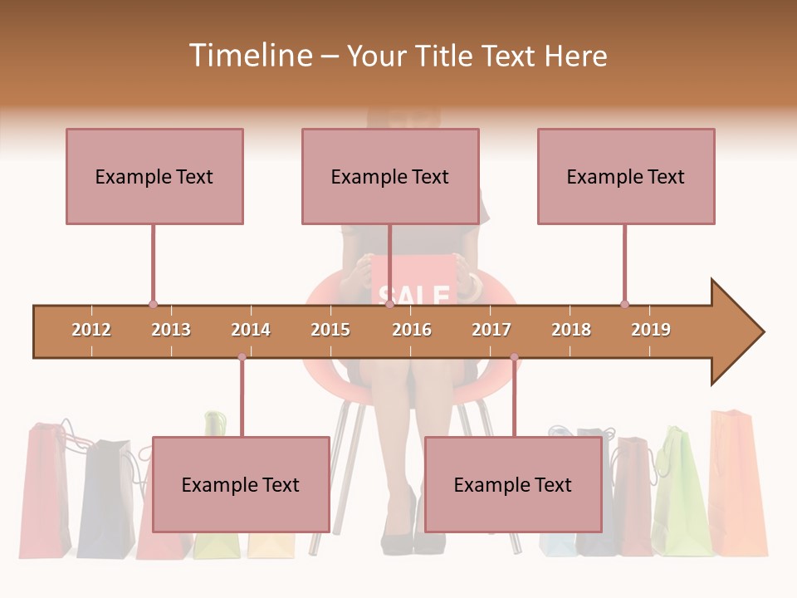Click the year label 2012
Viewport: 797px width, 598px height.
[91, 330]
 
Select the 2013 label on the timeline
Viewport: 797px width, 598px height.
[171, 330]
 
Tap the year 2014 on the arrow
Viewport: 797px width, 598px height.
[251, 330]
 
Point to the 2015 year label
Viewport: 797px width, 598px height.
[330, 330]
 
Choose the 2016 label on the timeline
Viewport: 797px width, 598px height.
[412, 330]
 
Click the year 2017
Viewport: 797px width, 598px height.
[491, 330]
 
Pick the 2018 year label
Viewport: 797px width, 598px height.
[571, 330]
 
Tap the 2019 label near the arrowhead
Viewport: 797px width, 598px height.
[651, 330]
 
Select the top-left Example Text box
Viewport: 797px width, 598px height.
[154, 176]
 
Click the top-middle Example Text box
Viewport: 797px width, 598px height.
[390, 176]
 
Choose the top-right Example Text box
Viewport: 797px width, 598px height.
[626, 176]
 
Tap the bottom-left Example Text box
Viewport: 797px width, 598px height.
[241, 484]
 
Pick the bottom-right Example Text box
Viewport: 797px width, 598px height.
[513, 484]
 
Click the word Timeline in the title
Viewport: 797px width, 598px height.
[249, 56]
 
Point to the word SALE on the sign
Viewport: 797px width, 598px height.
[413, 295]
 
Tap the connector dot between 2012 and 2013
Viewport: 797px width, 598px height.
[153, 304]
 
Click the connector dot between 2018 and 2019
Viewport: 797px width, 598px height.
[624, 304]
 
